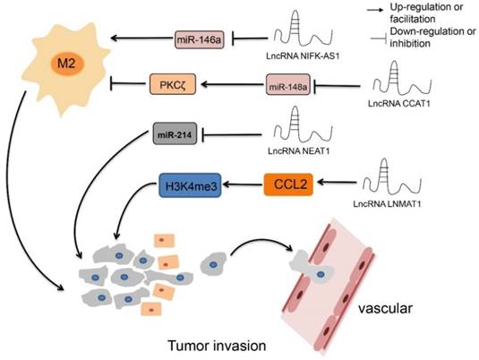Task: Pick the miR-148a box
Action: click(x=285, y=86)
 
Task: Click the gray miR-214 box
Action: click(x=175, y=135)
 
